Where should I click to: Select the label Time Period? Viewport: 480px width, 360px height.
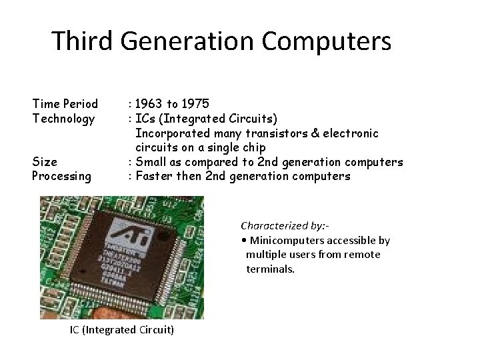click(65, 104)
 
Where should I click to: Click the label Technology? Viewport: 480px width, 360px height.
click(63, 119)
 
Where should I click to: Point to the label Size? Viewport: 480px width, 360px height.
click(45, 162)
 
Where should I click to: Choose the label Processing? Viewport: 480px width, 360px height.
click(61, 176)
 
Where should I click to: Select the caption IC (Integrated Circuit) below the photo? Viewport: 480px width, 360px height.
click(122, 330)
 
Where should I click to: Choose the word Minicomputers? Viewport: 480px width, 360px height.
click(286, 240)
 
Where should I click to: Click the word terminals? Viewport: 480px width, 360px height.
click(270, 269)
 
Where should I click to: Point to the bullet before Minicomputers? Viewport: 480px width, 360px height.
click(243, 240)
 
